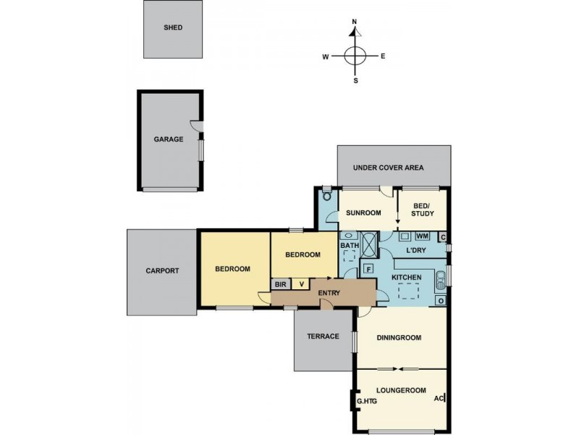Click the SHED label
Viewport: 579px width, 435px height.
coord(173,28)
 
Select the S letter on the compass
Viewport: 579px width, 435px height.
coord(355,80)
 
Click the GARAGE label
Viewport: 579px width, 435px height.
coord(168,139)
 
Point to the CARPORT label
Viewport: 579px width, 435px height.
coord(161,271)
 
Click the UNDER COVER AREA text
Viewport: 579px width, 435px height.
coord(388,167)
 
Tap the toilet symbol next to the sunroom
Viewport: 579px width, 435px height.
coord(327,196)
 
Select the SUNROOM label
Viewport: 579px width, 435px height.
coord(363,213)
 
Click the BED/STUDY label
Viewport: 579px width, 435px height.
coord(422,210)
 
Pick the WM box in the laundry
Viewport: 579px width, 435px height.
coord(423,237)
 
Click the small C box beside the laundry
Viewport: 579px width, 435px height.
coord(441,237)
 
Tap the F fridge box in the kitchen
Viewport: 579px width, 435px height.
coord(368,270)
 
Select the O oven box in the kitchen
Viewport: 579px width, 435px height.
coord(439,300)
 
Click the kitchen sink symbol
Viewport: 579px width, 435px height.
coord(439,278)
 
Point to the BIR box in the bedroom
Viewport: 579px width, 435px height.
coord(279,284)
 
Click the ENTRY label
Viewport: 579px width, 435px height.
coord(329,292)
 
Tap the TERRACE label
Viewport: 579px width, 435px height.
coord(323,336)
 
